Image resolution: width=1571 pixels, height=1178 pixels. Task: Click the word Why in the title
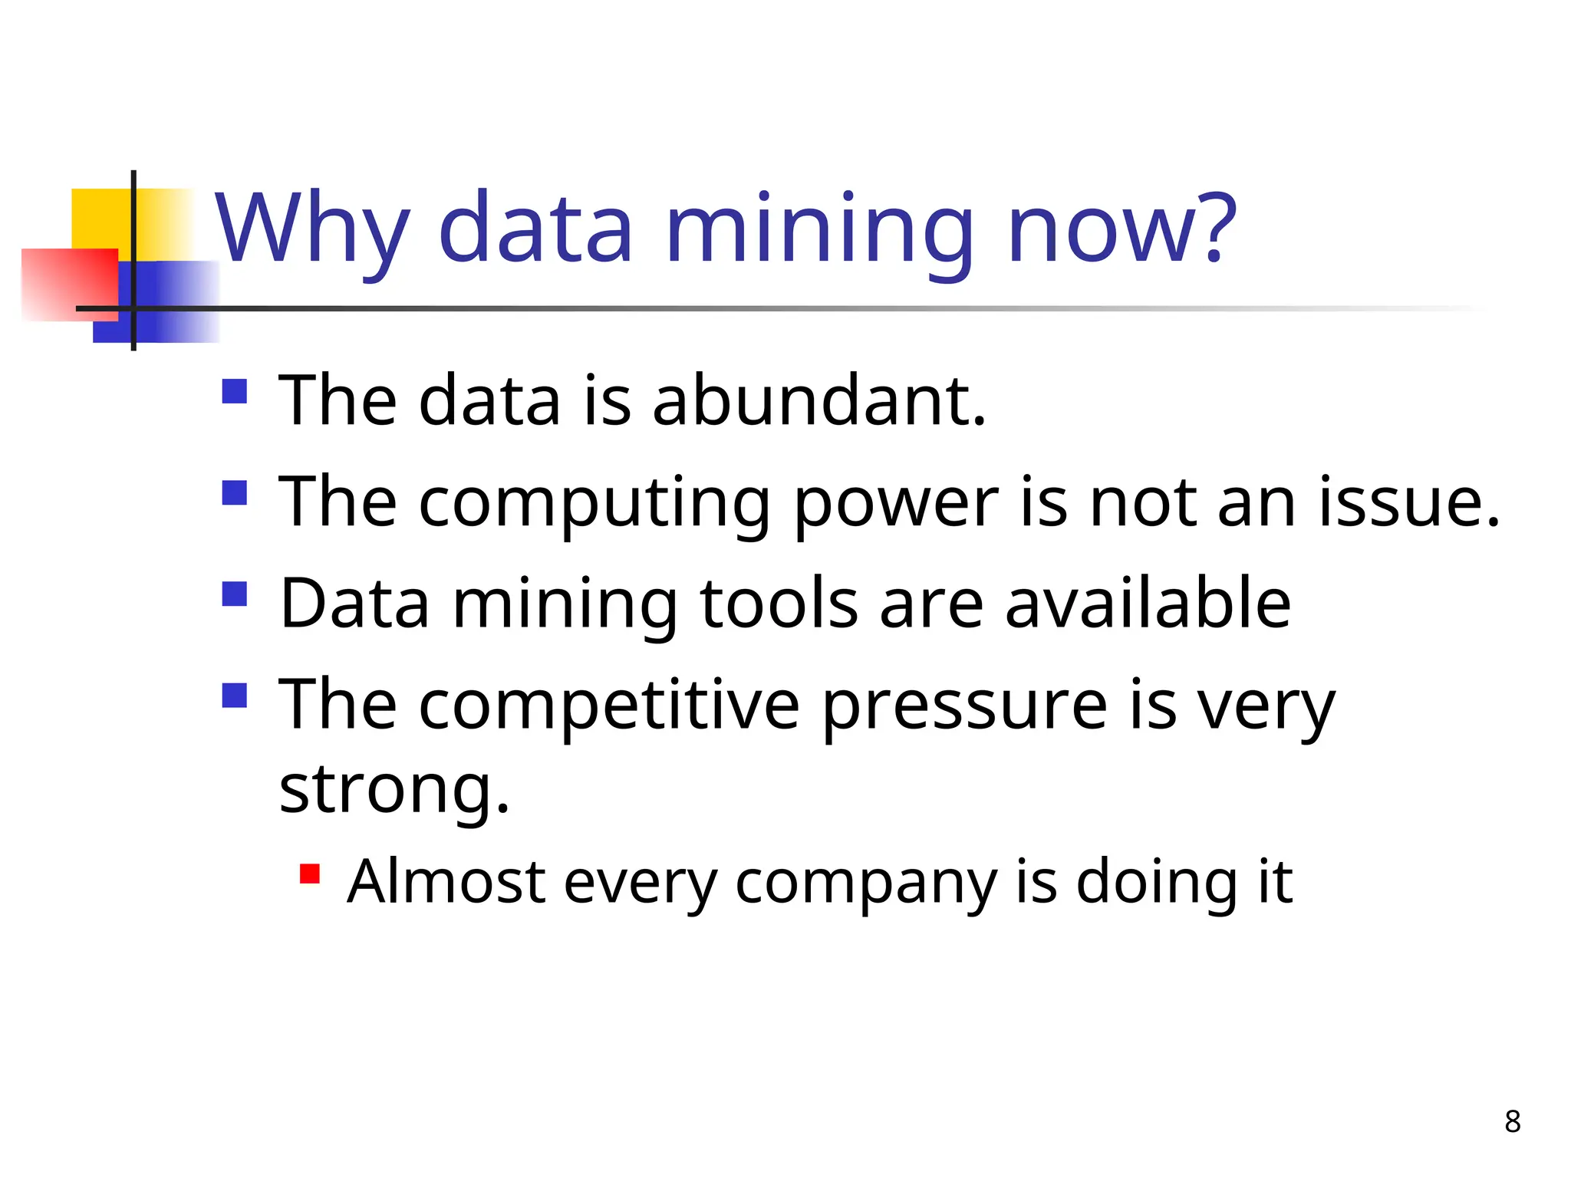[x=311, y=229]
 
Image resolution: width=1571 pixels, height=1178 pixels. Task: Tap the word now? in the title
[x=1121, y=229]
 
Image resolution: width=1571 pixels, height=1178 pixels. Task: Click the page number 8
[x=1512, y=1121]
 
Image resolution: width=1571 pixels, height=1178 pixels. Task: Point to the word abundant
[x=818, y=400]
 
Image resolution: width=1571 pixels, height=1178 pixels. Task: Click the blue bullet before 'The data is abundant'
[x=234, y=391]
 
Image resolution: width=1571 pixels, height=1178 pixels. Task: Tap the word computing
[x=594, y=503]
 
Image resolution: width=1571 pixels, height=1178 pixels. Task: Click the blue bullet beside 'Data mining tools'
[x=234, y=594]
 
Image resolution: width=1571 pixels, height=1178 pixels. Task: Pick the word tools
[x=779, y=604]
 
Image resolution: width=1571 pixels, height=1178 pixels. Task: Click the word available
[x=1148, y=604]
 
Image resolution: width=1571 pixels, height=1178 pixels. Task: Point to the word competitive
[x=609, y=706]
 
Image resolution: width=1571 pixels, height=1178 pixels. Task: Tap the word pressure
[x=964, y=706]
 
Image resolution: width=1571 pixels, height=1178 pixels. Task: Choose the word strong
[x=394, y=790]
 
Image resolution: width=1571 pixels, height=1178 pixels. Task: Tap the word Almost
[x=446, y=882]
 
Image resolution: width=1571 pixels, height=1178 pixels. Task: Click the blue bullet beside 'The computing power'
[x=234, y=492]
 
